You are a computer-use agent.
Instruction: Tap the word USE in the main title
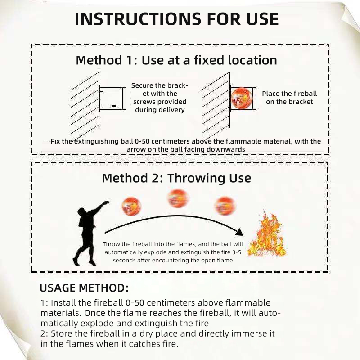(263, 19)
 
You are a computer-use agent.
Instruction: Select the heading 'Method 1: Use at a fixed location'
(176, 60)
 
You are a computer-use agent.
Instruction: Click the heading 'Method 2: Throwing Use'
(176, 178)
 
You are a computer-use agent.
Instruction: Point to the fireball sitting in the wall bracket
(241, 99)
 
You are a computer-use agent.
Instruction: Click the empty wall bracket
(112, 99)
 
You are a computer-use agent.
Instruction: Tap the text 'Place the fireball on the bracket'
(289, 98)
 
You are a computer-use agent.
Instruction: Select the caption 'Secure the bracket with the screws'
(160, 98)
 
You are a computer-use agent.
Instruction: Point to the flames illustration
(267, 235)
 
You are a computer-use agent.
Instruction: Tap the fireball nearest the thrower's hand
(131, 206)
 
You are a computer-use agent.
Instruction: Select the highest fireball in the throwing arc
(178, 198)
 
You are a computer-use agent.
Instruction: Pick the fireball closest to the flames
(225, 206)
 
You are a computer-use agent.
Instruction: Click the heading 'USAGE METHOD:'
(84, 288)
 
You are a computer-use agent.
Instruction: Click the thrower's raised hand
(106, 203)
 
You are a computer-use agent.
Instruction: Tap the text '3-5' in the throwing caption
(237, 252)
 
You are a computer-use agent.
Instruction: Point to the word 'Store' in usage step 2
(61, 333)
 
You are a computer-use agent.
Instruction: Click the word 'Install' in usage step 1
(63, 302)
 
